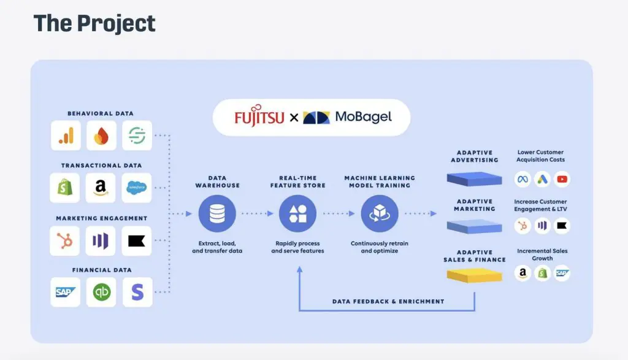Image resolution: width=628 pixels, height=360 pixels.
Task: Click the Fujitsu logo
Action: [x=259, y=117]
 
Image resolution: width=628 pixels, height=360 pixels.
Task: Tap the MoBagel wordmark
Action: [x=363, y=117]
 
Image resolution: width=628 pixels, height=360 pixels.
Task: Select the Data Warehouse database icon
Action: [x=216, y=213]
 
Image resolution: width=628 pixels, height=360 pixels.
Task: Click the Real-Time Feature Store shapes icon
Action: [x=297, y=213]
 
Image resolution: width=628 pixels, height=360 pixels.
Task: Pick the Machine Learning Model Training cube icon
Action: [x=379, y=213]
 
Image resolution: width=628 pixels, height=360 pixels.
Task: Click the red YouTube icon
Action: [x=561, y=179]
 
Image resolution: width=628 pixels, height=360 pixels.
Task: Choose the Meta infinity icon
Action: [x=523, y=179]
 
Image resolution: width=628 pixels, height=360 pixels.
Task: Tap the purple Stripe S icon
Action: [x=137, y=293]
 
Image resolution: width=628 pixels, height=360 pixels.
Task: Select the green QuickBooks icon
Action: [x=101, y=293]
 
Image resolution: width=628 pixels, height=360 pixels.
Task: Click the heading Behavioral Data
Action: [x=101, y=113]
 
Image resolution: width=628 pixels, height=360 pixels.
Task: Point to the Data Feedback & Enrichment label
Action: [x=388, y=301]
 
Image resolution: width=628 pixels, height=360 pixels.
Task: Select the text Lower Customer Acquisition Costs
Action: [x=540, y=156]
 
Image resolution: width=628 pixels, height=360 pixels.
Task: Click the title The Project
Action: [x=94, y=23]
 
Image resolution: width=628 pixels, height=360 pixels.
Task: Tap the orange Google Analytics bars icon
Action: [x=65, y=136]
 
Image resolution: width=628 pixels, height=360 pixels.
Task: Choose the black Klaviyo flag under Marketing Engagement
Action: [x=137, y=240]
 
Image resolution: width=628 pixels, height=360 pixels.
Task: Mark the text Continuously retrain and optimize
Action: [x=379, y=247]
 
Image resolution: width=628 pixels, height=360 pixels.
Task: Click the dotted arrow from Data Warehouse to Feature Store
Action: [x=256, y=213]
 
